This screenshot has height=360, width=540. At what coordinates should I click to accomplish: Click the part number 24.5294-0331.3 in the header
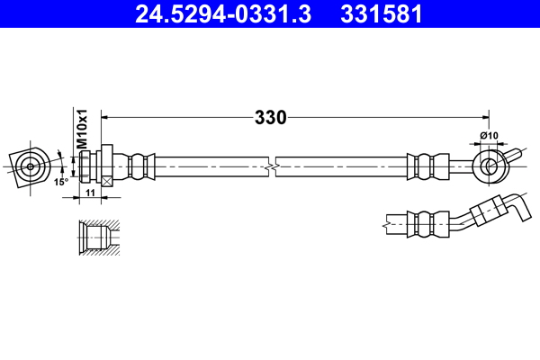point(220,13)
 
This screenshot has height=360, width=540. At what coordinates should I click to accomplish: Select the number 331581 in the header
point(382,13)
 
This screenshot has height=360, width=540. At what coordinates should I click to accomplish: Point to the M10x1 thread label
point(82,130)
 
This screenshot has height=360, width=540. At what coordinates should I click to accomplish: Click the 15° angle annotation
point(60,181)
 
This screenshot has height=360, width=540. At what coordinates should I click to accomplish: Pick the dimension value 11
point(90,193)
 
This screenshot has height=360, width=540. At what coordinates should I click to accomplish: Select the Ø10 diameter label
point(490,136)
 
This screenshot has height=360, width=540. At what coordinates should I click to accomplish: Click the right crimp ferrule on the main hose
point(426,166)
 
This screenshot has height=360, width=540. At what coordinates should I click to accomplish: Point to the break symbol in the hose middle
point(271,166)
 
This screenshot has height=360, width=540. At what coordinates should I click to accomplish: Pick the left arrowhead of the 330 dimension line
point(106,117)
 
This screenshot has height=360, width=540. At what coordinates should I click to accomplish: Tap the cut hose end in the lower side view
point(387,218)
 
